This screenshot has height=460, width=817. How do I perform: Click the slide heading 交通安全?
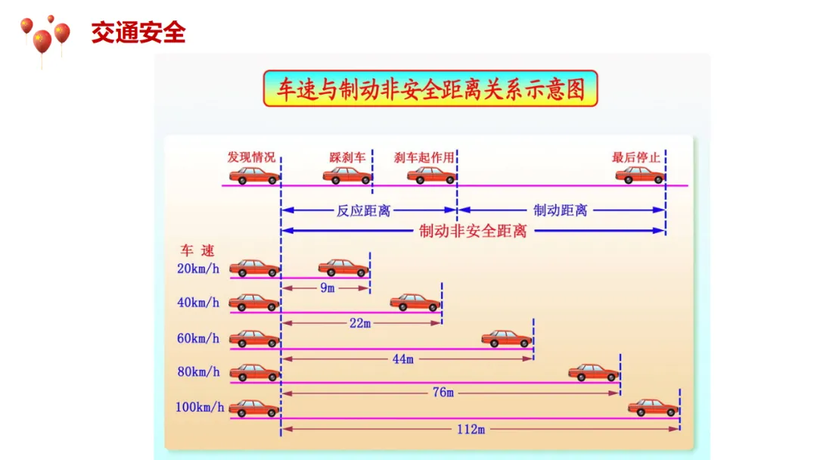point(138,33)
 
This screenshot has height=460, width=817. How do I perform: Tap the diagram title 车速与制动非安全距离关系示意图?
point(430,89)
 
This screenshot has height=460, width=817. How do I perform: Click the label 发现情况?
point(251,158)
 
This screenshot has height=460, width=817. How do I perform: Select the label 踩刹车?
point(347,158)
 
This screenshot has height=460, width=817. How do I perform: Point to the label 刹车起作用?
point(424,158)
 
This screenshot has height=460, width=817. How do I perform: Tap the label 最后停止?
point(636,158)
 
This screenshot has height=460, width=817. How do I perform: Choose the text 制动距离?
point(561,210)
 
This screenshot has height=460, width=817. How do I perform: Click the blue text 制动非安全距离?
point(473,231)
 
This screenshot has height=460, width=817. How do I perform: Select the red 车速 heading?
point(197,251)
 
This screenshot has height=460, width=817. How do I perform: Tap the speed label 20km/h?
point(198,269)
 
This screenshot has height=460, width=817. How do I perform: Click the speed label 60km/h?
point(198,338)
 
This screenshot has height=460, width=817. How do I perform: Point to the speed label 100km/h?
point(200,407)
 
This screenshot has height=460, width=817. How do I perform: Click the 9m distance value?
point(327,288)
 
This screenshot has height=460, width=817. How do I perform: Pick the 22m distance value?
point(360,323)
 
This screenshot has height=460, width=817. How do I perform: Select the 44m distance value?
point(402,359)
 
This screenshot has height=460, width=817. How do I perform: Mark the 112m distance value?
point(471,429)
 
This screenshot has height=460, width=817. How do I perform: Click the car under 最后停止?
point(639,175)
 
